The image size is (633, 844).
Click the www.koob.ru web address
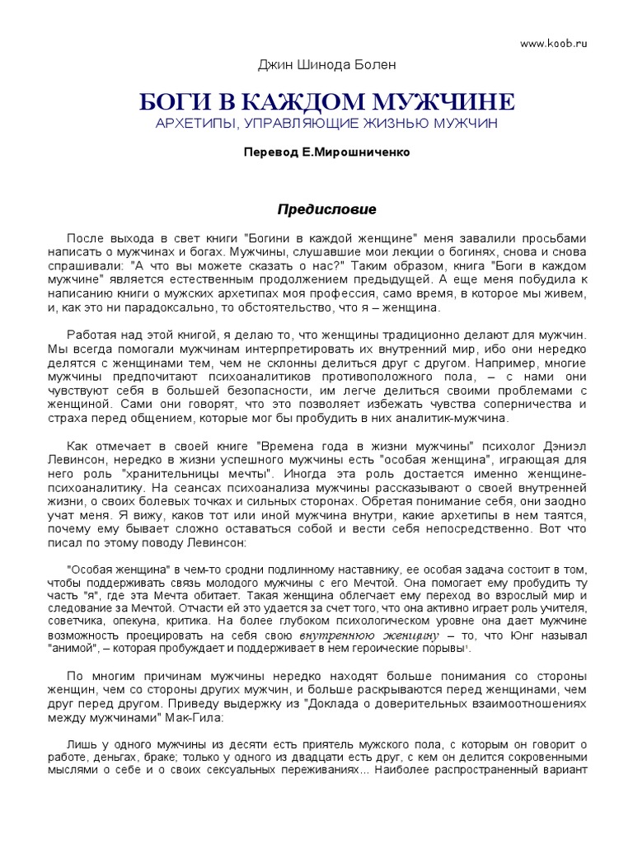point(552,43)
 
